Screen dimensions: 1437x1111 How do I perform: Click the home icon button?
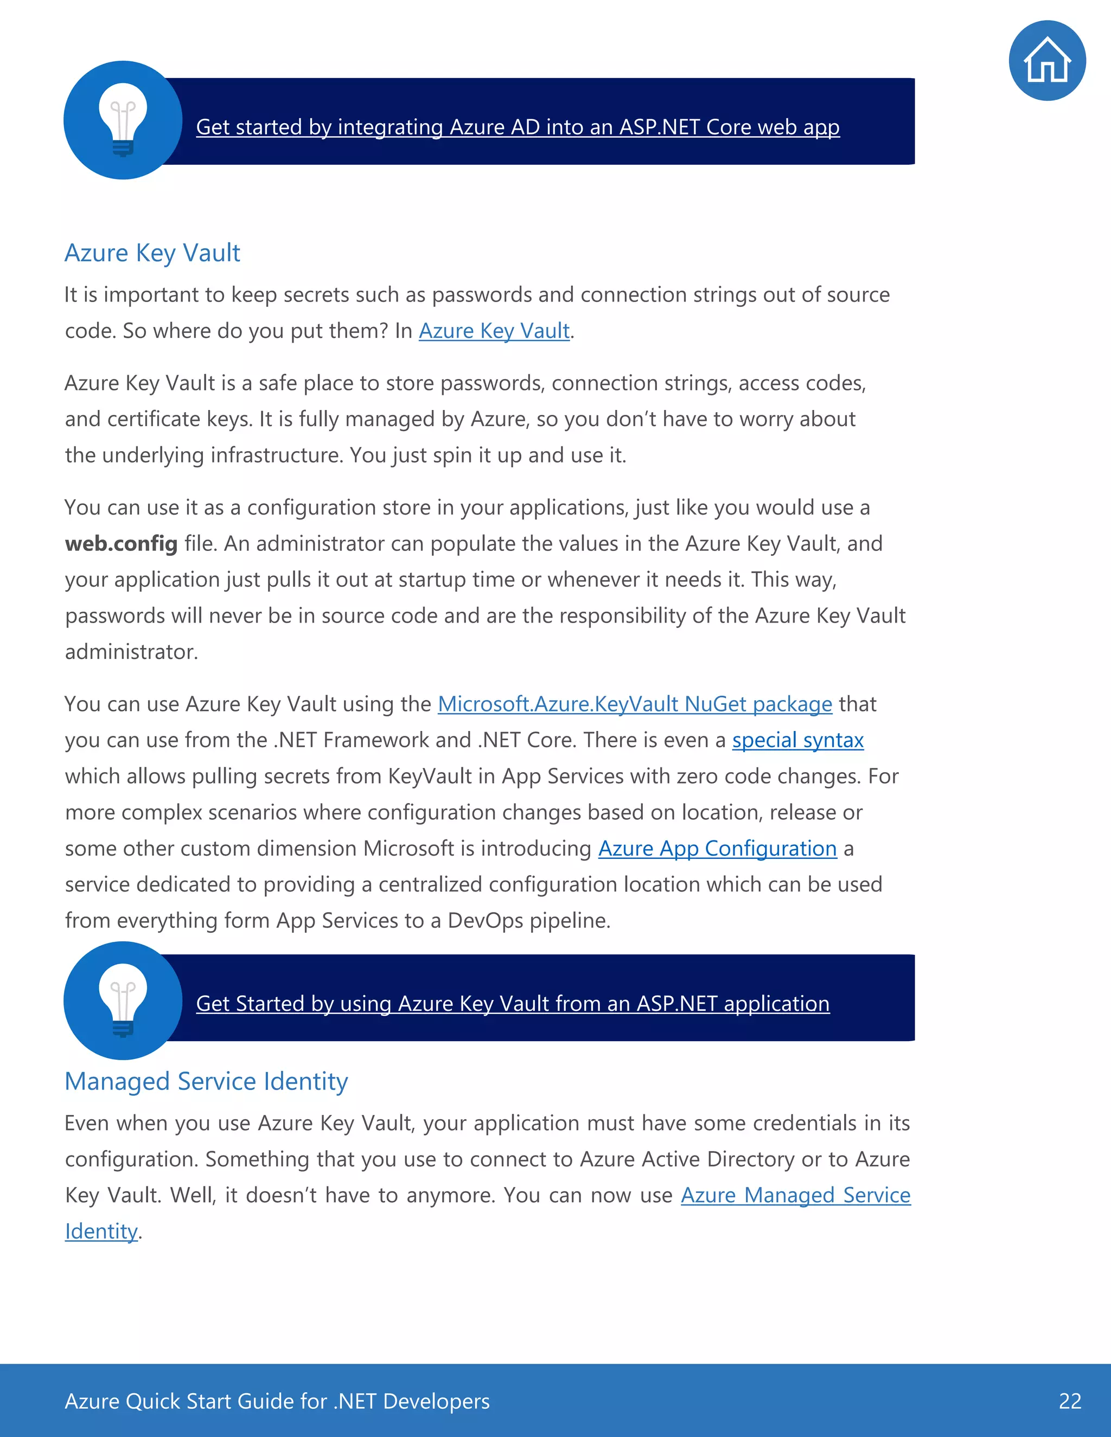coord(1046,61)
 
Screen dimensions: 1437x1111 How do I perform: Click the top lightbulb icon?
coord(123,120)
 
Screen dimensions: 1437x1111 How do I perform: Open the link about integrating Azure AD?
coord(518,127)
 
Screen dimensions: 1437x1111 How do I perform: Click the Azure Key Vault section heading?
coord(152,253)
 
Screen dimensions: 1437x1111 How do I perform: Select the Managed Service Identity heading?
coord(206,1081)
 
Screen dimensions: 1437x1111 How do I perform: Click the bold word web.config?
coord(121,543)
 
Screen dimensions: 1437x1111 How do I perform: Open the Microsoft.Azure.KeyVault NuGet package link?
coord(635,704)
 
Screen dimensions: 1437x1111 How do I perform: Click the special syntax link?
coord(797,740)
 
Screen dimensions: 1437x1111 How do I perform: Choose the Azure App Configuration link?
coord(717,848)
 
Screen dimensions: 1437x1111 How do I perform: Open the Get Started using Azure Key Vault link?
coord(513,1003)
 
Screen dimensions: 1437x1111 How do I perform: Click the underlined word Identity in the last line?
coord(101,1231)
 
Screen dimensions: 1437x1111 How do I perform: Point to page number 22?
coord(1070,1401)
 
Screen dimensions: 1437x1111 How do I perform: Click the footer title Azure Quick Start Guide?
coord(277,1401)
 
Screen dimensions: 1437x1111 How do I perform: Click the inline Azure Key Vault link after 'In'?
coord(494,331)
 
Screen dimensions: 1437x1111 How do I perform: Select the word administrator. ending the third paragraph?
coord(131,651)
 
